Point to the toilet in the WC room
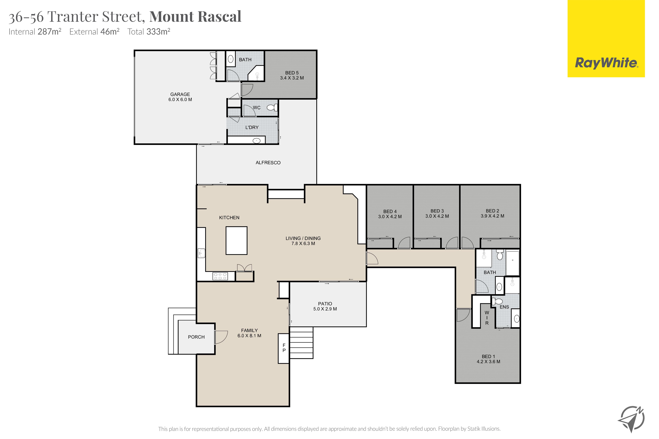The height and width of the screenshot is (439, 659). [272, 107]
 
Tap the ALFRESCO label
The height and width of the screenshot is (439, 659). [268, 163]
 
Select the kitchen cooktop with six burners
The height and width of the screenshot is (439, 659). [220, 276]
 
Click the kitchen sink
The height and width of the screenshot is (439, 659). [201, 253]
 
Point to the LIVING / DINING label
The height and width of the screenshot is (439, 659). [303, 238]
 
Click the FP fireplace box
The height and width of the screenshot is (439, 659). [284, 348]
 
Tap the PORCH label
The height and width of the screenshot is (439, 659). [196, 337]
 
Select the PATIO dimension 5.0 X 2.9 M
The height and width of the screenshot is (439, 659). [325, 309]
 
